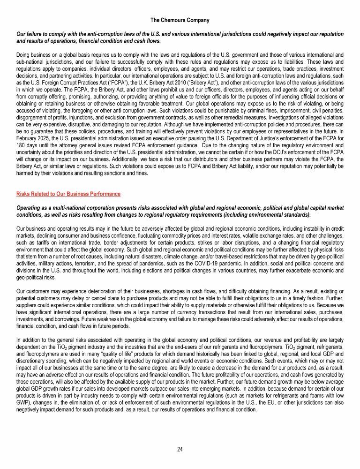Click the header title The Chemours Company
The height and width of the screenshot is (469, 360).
pos(180,20)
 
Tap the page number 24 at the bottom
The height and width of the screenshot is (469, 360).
pos(180,449)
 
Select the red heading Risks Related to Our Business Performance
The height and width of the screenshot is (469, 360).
pos(68,194)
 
